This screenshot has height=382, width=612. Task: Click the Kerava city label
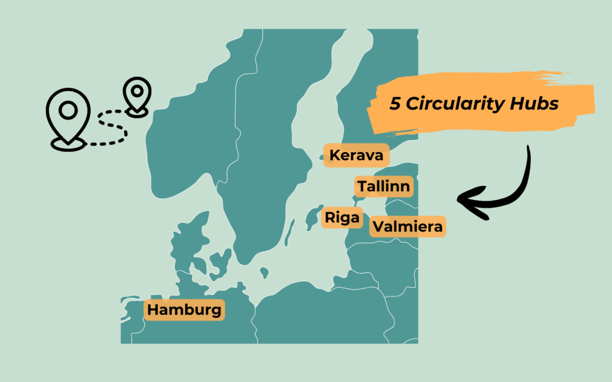click(356, 155)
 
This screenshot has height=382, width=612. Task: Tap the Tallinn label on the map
click(384, 186)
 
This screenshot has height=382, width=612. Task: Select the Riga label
click(342, 218)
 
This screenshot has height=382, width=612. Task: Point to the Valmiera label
click(407, 227)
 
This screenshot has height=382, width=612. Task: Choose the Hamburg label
click(184, 310)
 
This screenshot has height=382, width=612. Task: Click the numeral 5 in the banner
click(394, 104)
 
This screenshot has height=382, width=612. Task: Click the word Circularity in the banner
click(453, 104)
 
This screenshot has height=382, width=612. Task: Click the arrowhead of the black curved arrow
click(467, 200)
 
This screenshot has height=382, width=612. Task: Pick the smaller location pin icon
click(137, 97)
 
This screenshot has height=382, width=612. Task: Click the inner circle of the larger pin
click(67, 110)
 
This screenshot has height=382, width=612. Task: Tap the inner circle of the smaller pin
click(137, 91)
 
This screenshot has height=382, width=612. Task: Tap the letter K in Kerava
click(335, 155)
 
